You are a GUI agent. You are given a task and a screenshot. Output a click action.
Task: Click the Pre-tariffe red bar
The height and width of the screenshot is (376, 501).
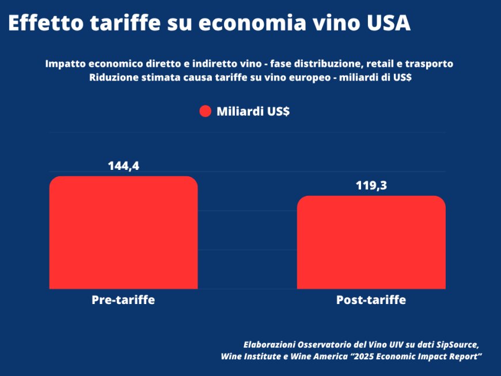(123, 233)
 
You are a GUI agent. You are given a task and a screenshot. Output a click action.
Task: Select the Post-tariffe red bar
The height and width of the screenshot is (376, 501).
(371, 242)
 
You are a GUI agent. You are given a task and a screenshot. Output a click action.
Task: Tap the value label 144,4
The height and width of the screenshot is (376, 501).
(123, 166)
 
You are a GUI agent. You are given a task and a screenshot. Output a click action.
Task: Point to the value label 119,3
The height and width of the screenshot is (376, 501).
(371, 186)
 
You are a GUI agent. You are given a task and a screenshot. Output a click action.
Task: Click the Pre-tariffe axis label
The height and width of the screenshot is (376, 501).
(123, 300)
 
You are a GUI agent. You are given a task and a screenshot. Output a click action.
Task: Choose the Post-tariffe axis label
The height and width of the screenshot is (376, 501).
(371, 300)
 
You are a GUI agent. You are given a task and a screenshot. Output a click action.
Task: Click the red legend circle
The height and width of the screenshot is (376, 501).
(206, 112)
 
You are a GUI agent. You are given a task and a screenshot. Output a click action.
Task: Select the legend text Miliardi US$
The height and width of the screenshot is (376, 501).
(253, 112)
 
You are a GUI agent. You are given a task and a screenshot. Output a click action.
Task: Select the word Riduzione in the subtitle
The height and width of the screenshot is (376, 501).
(112, 78)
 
